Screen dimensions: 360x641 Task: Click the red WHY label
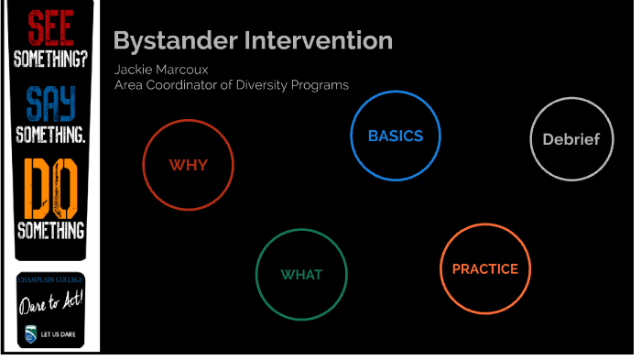click(x=188, y=165)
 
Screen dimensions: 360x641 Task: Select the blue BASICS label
click(x=396, y=136)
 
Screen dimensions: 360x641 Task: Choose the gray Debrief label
click(x=570, y=139)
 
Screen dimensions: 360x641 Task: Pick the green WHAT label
click(x=301, y=275)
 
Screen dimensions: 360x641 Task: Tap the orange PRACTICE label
click(x=484, y=269)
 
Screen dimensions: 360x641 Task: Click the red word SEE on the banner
click(x=50, y=27)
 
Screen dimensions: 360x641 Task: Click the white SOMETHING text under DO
click(x=50, y=229)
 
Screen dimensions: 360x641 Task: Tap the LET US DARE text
click(x=57, y=335)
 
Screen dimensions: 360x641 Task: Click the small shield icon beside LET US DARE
click(x=31, y=334)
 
